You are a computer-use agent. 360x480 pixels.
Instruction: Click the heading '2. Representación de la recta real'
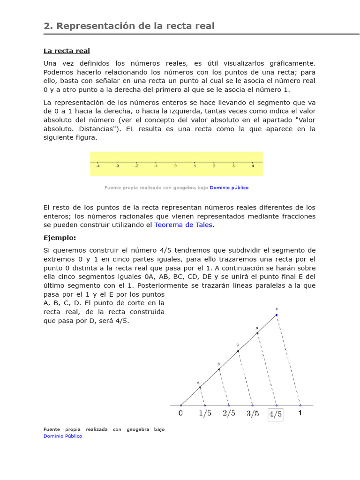point(129,26)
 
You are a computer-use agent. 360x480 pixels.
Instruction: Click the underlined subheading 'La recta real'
point(67,51)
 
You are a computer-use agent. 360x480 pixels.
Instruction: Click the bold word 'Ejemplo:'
point(60,238)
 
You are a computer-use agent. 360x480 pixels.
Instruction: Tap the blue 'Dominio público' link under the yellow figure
point(229,187)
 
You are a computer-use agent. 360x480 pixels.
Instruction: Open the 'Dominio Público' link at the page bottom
point(63,436)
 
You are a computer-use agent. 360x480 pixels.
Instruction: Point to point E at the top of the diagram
point(277,315)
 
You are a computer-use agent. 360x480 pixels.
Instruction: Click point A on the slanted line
point(200,387)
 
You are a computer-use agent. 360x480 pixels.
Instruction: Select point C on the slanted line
point(238,351)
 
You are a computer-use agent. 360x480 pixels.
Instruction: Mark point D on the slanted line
point(257,333)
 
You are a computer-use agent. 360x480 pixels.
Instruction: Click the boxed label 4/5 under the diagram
point(276,414)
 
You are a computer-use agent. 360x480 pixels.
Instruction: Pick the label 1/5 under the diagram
point(205,413)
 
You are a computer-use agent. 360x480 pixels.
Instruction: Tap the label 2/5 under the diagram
point(229,413)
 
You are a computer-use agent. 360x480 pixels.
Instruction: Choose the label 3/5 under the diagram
point(253,413)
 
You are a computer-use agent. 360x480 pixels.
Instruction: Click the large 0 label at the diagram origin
point(181,413)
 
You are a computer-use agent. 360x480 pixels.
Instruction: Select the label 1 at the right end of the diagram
point(300,413)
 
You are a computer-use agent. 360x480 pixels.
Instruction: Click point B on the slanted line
point(219,369)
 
